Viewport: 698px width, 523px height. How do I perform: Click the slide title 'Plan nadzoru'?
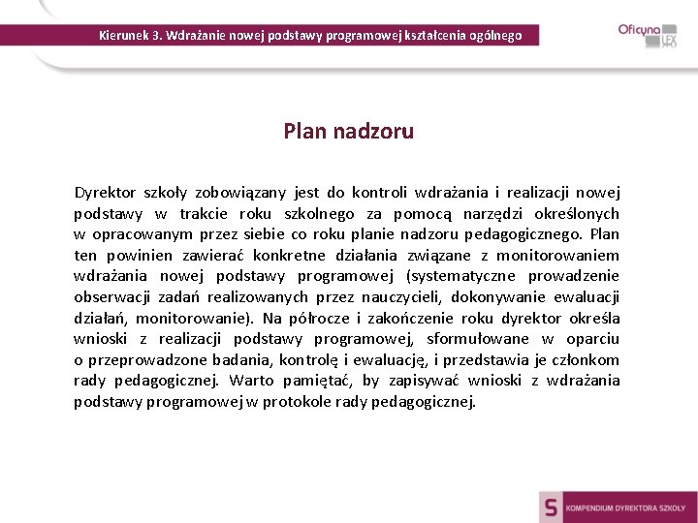[x=348, y=131]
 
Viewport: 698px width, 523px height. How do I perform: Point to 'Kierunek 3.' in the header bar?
[x=129, y=36]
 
